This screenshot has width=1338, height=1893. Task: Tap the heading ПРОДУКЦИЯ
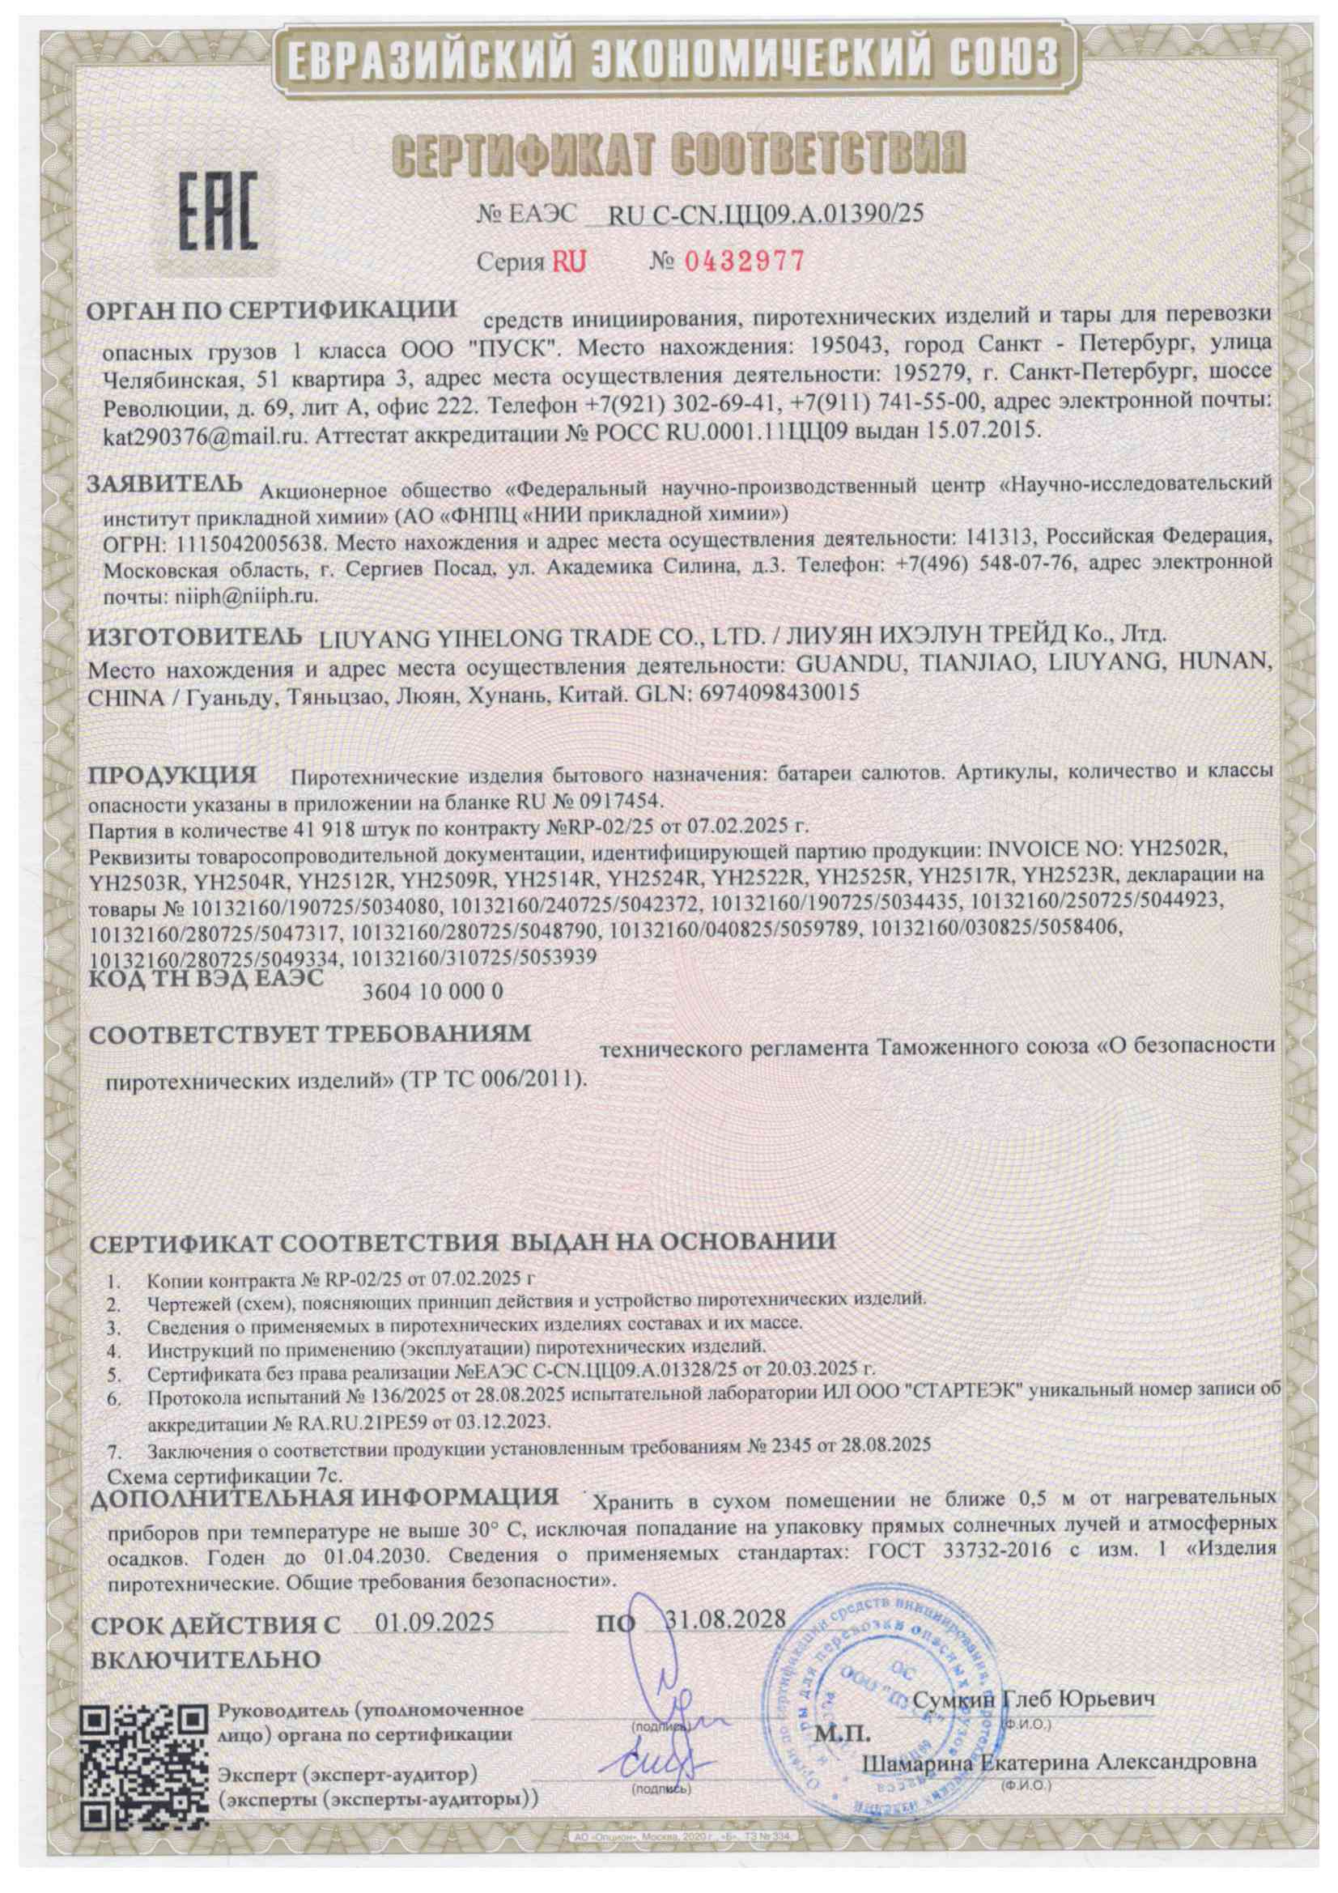(172, 776)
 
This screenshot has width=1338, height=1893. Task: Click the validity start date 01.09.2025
(435, 1622)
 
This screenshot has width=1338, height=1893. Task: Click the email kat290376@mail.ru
(205, 434)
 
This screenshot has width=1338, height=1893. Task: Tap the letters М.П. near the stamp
(841, 1730)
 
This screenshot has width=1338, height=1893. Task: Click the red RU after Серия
(569, 262)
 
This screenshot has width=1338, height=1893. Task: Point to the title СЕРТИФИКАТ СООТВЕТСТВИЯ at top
(678, 153)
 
